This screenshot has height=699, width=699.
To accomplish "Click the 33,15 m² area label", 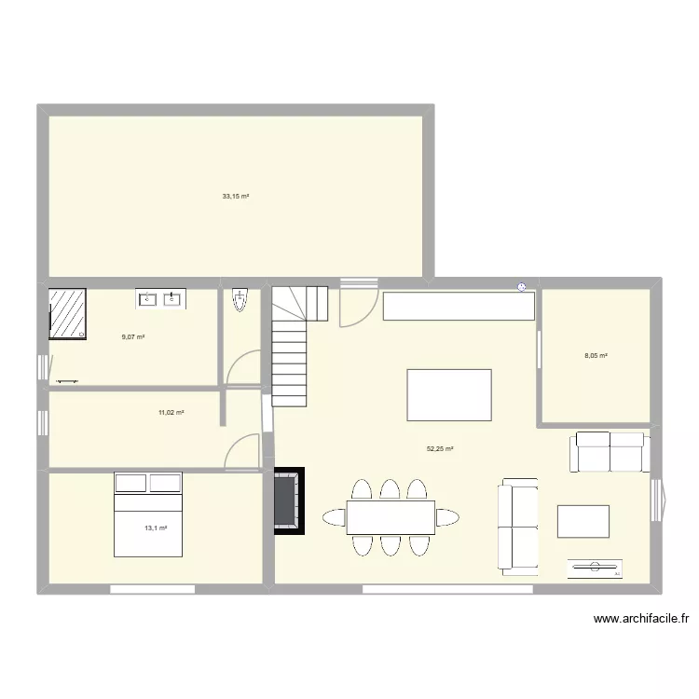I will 236,197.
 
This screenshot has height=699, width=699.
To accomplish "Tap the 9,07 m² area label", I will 133,336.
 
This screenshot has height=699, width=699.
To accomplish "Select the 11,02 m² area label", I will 171,412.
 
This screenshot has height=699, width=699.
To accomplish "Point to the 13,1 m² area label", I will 156,528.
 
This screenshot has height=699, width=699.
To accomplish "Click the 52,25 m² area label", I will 440,448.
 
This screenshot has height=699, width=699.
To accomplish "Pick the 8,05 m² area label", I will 596,355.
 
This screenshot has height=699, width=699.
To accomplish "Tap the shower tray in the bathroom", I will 68,314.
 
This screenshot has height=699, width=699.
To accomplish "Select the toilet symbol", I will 240,299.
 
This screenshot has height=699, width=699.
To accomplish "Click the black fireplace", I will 287,500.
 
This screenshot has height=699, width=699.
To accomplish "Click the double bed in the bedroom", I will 147,514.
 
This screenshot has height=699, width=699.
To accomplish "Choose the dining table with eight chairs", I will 391,517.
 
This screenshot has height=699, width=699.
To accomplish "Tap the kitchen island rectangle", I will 449,395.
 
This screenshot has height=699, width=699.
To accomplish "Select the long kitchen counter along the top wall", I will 458,306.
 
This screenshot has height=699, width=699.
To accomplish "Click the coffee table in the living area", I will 583,521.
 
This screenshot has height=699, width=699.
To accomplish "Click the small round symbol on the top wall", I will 522,286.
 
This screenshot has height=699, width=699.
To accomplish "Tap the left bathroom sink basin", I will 148,299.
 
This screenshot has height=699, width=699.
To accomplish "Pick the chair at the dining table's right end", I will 448,517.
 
